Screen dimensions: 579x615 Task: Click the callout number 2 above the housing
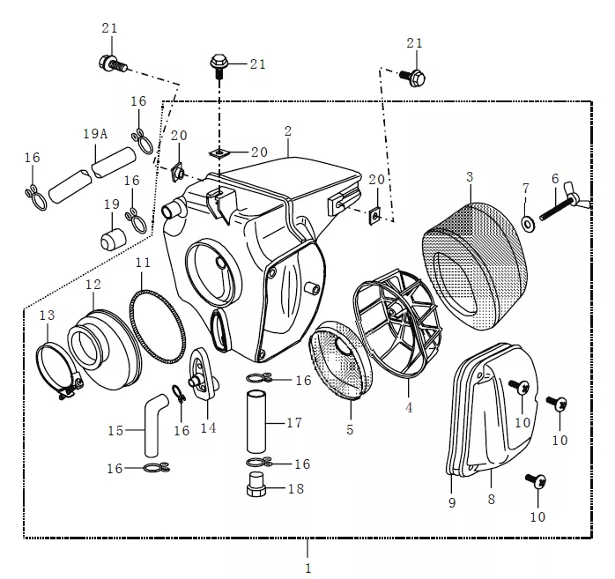click(287, 130)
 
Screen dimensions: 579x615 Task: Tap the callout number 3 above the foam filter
click(470, 177)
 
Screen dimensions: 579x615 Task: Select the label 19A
click(95, 134)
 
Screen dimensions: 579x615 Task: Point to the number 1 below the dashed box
click(307, 568)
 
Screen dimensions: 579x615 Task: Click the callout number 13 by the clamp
click(47, 315)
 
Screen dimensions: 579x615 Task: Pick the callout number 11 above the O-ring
click(143, 263)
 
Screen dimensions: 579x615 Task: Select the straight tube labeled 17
click(256, 423)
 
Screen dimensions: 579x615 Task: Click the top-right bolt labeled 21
click(414, 78)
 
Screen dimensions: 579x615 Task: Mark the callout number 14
click(209, 429)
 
